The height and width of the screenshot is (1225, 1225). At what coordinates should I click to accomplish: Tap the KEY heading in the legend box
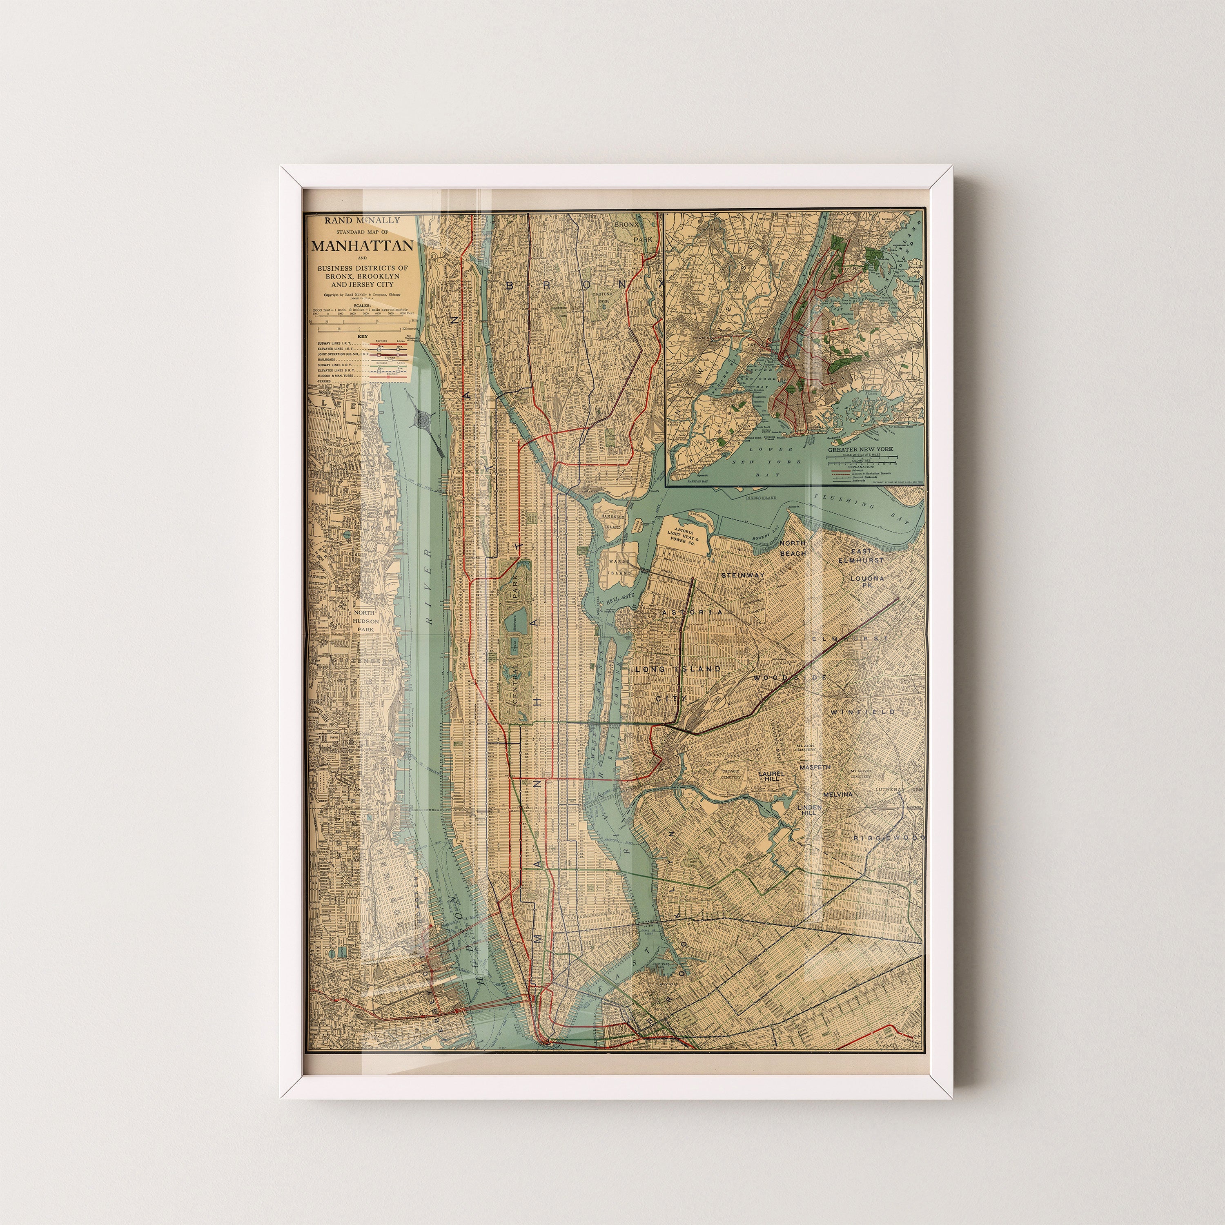click(362, 336)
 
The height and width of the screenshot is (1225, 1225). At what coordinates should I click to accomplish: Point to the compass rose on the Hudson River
click(423, 419)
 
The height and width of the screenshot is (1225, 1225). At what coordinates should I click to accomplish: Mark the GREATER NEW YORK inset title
click(860, 449)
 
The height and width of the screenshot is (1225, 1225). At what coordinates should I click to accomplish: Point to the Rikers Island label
click(760, 498)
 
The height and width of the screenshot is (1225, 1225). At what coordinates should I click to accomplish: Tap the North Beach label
click(793, 548)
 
